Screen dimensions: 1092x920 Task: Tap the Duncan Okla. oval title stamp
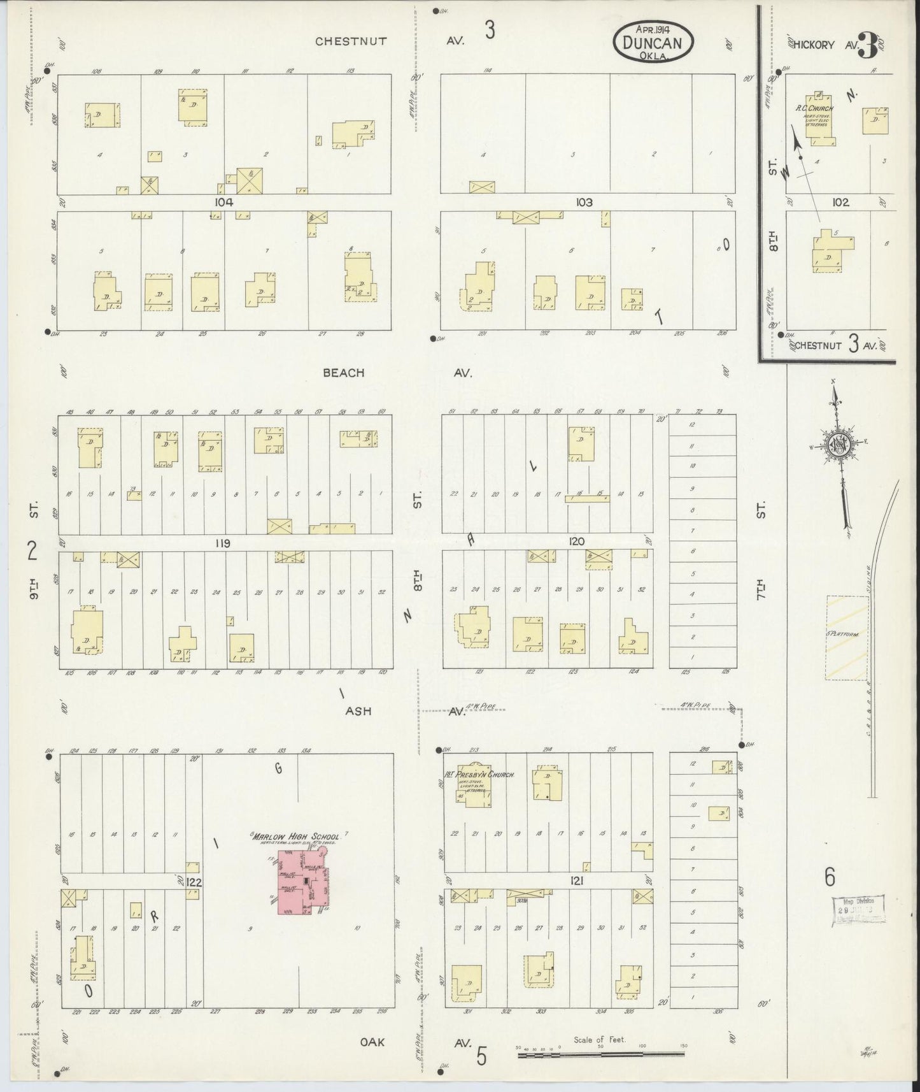(x=653, y=41)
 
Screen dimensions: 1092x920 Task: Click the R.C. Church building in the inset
(x=816, y=119)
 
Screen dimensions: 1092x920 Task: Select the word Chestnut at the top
(x=351, y=41)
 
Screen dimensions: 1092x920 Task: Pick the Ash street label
(x=358, y=711)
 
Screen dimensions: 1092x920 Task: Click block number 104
(x=224, y=202)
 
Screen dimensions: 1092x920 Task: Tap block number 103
(x=584, y=202)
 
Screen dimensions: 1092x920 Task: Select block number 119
(x=222, y=543)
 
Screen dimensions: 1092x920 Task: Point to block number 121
(x=577, y=881)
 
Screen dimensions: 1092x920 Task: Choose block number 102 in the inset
(x=840, y=202)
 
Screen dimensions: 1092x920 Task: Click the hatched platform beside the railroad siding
(x=847, y=637)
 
